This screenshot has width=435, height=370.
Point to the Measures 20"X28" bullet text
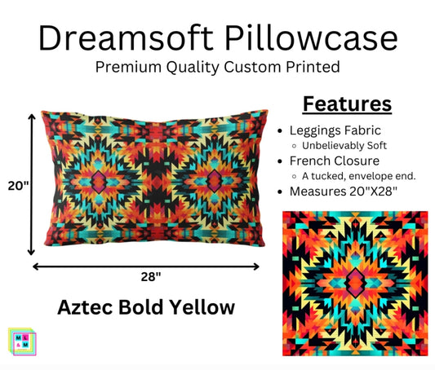pyautogui.click(x=346, y=192)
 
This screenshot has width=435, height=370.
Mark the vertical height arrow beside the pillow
pyautogui.click(x=32, y=185)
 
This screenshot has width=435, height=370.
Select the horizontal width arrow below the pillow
pyautogui.click(x=147, y=266)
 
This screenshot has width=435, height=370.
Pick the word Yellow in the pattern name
pyautogui.click(x=200, y=307)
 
